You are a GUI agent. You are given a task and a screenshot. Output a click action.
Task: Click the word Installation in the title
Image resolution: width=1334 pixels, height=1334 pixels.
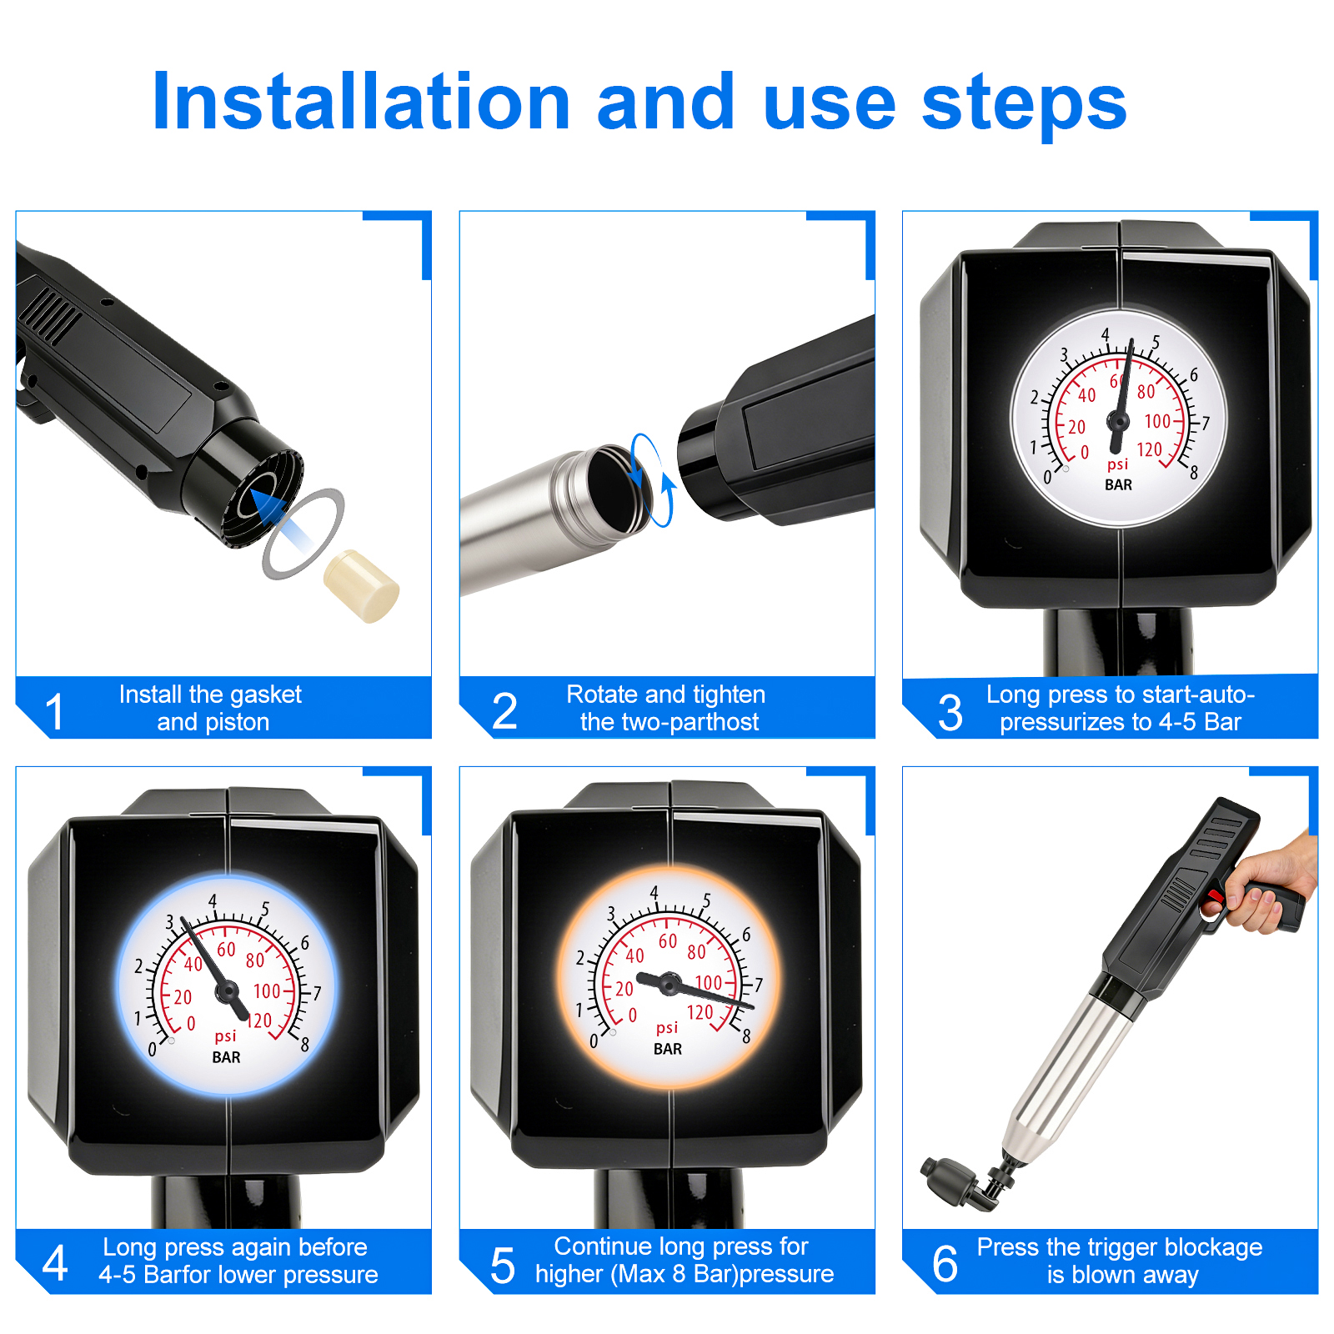pos(361,102)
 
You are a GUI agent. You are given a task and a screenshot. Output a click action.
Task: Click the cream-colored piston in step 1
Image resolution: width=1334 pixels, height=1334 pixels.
pos(361,586)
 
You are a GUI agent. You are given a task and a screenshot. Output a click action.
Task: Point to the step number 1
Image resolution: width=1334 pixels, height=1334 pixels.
pos(55,712)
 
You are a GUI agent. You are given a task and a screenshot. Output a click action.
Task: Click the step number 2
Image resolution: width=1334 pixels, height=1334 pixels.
pos(504,711)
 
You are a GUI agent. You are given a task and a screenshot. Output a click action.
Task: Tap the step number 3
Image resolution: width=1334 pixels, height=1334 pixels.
pos(950,713)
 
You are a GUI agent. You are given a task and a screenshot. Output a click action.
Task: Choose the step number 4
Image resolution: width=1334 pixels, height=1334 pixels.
pos(55,1263)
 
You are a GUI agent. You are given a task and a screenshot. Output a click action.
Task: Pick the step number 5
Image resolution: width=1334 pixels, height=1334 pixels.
pos(503,1266)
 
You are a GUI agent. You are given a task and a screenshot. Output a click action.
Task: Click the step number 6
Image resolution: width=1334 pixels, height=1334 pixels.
pos(945,1264)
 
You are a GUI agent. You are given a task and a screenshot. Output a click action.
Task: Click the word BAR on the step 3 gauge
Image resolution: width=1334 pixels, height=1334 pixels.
pos(1118,484)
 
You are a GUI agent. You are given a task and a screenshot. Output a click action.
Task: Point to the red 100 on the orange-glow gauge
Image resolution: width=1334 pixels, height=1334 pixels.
pos(709,983)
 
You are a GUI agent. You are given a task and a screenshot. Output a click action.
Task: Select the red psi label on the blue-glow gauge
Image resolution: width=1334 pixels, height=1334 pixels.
pos(225,1036)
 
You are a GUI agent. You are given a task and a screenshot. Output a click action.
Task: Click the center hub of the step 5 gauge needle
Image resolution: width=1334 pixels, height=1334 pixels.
pos(669,984)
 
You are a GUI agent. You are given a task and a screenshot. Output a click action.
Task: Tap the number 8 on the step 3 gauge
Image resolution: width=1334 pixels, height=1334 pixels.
pos(1194,473)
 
